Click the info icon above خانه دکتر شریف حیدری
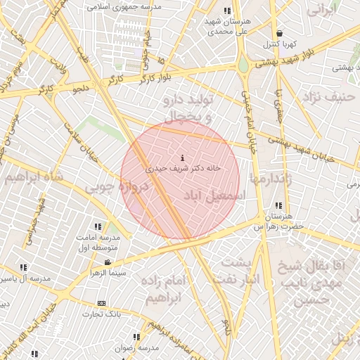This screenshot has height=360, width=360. pos(183,157)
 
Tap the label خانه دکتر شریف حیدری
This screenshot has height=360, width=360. pos(184,169)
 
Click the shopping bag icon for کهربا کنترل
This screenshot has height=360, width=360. pos(281,33)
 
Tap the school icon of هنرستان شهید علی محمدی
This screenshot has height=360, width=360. pos(226,11)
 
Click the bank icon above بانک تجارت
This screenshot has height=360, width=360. pos(102,303)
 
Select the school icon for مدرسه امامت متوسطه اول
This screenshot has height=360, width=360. pos(98,227)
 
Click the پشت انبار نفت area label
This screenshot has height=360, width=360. pos(238,270)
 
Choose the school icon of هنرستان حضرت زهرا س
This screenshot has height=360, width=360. pos(279,205)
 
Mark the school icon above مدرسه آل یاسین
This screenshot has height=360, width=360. pos(24,268)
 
